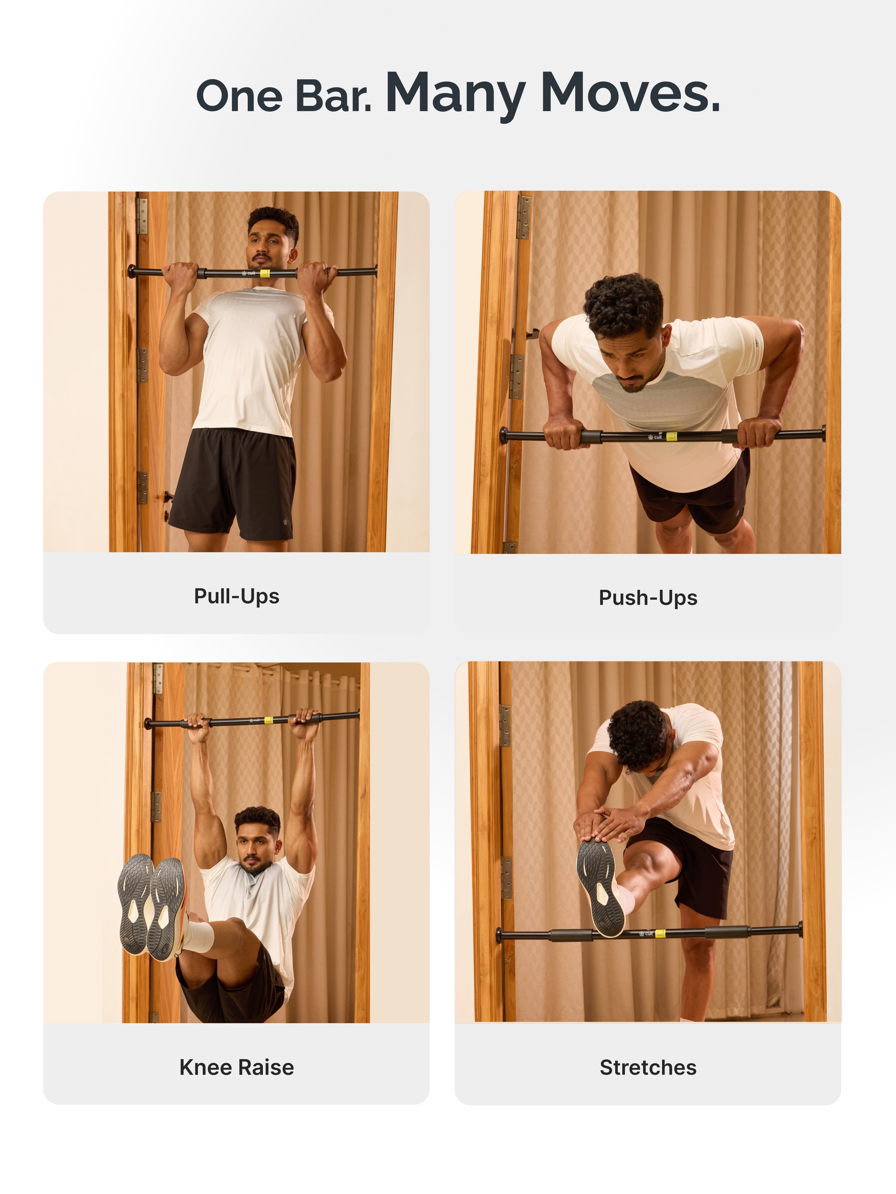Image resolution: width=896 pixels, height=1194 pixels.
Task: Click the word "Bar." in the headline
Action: tap(333, 96)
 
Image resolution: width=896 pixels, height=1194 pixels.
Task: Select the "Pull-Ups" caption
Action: tap(236, 596)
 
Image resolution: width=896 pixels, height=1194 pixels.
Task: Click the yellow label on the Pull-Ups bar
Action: tap(265, 273)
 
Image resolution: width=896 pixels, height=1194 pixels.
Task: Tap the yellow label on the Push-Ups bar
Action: tap(671, 436)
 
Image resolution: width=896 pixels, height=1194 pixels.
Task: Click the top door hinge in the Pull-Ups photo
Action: tap(142, 216)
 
